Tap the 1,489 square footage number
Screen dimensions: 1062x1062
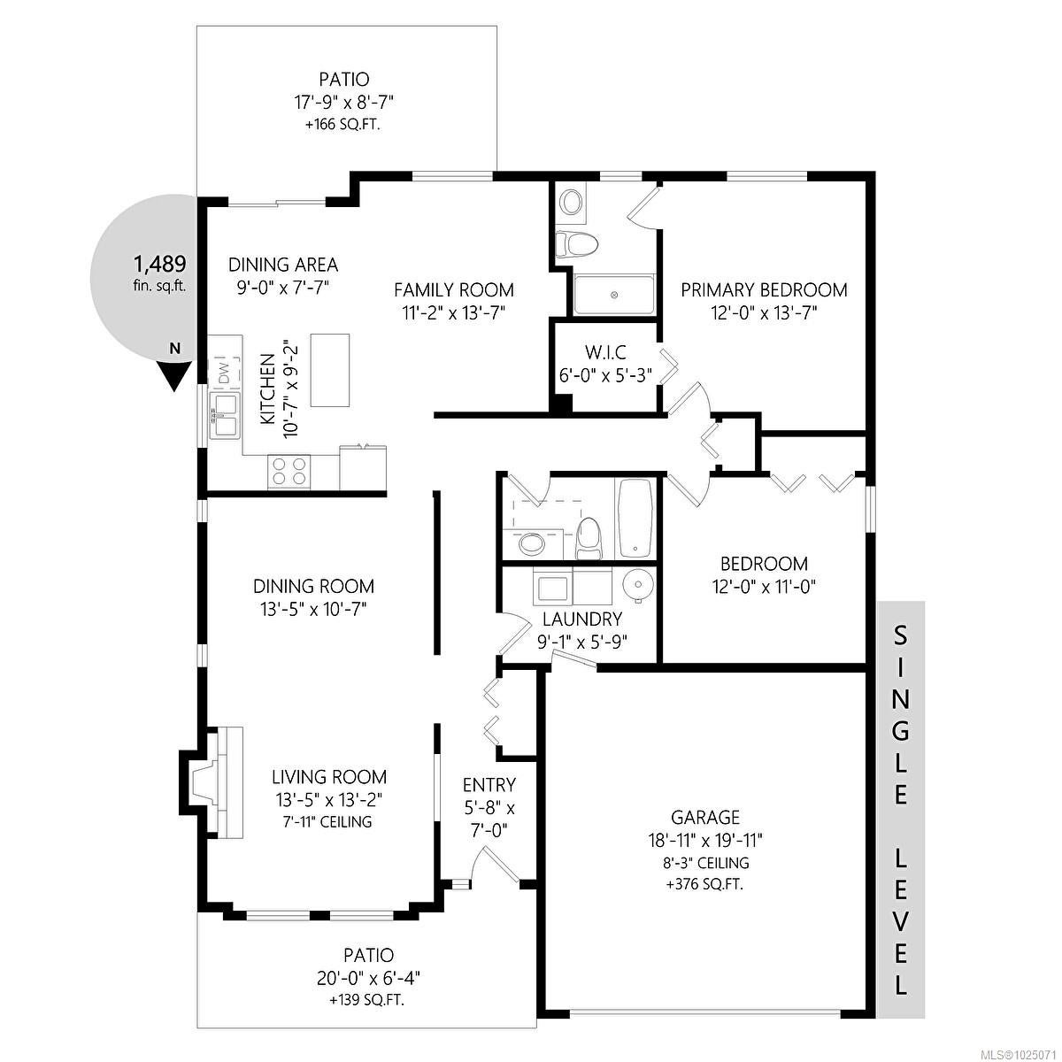coord(160,264)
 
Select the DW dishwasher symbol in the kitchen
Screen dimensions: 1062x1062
coord(225,373)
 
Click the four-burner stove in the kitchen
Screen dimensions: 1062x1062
coord(289,472)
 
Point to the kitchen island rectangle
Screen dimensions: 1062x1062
coord(330,370)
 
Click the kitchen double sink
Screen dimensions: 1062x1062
coord(225,416)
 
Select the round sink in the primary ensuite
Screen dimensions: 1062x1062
coord(571,204)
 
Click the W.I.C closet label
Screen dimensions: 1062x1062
coord(605,351)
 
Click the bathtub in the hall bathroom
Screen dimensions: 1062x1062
coord(636,518)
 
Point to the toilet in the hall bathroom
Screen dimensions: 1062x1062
coord(589,538)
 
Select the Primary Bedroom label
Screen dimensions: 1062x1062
coord(764,290)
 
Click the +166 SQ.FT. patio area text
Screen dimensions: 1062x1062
coord(343,125)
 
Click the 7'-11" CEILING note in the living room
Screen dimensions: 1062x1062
coord(327,821)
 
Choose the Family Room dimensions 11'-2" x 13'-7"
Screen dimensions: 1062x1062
coord(454,313)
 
